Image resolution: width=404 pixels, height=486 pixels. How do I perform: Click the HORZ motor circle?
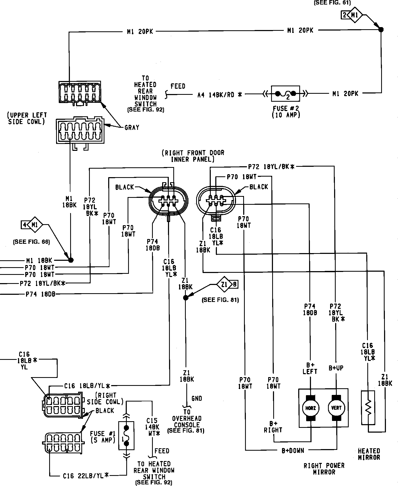tap(310, 408)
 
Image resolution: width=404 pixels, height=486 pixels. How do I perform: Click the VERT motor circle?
tap(336, 408)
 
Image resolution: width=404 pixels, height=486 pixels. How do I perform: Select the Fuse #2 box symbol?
tap(285, 93)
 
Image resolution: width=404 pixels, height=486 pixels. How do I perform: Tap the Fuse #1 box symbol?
tap(126, 435)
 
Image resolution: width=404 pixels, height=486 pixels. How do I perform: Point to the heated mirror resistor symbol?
tap(368, 407)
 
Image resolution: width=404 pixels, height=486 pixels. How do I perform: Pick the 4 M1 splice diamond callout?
tap(32, 225)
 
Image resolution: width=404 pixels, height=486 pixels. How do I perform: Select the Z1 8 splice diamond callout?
tap(227, 285)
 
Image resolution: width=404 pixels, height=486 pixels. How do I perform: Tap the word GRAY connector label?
tap(132, 128)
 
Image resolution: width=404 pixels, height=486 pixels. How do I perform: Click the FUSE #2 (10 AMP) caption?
tap(286, 112)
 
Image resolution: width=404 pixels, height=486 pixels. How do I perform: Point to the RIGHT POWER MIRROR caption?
tap(324, 469)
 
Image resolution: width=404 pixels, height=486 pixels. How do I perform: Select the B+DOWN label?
tap(293, 451)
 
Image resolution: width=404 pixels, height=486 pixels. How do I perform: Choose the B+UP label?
tap(336, 368)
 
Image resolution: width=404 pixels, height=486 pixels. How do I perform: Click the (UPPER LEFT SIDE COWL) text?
tap(27, 118)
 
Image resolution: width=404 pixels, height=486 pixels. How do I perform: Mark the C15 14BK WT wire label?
tap(153, 427)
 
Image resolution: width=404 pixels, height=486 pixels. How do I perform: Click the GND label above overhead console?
tap(197, 398)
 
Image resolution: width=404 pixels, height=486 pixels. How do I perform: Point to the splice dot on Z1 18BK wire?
tap(186, 298)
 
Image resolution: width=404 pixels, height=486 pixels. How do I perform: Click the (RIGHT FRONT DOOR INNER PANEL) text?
tap(193, 156)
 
